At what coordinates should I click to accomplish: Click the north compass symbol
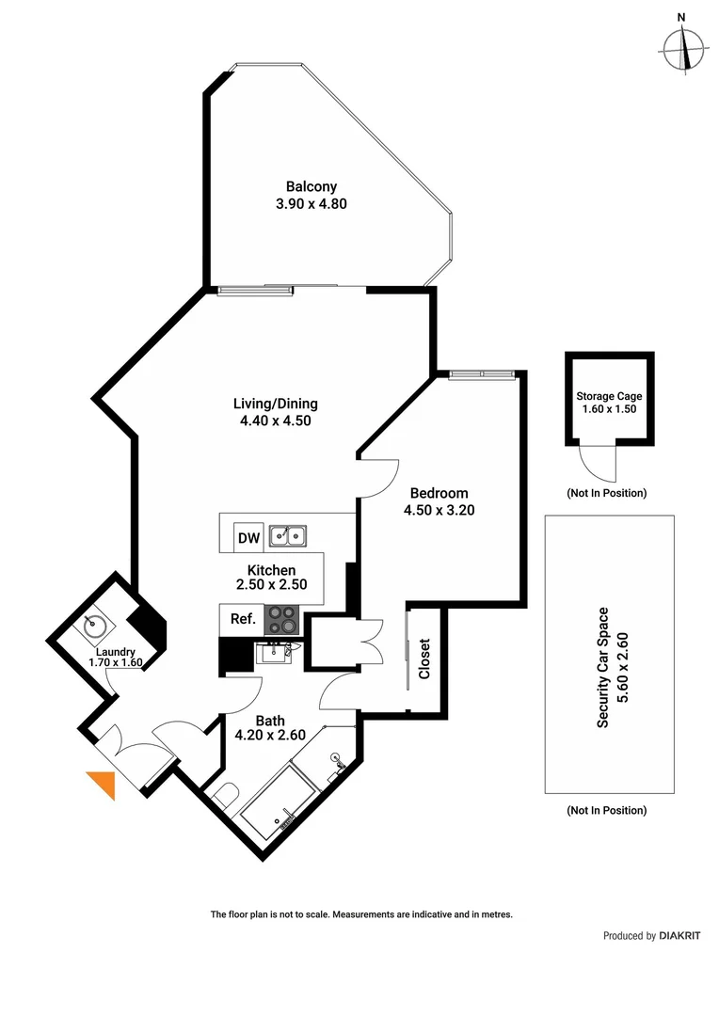click(683, 47)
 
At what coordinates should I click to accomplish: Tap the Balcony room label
click(312, 186)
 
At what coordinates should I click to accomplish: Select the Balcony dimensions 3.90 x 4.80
click(312, 203)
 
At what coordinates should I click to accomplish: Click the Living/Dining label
click(276, 404)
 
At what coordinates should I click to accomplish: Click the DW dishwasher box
click(248, 538)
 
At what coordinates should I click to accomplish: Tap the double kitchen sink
click(288, 536)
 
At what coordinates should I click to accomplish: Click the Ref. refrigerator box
click(235, 619)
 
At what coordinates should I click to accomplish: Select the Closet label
click(424, 660)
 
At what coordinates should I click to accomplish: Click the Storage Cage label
click(610, 396)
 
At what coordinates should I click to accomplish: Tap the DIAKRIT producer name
click(679, 936)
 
